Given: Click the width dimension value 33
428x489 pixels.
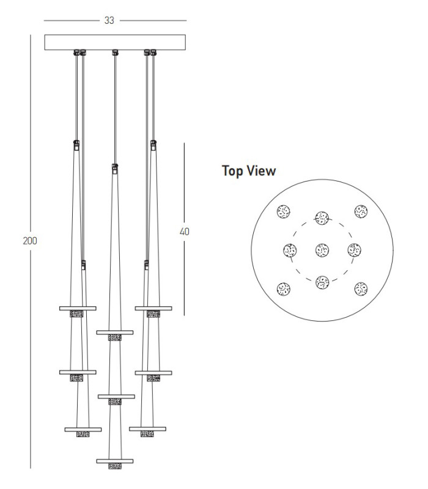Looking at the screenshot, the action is coord(109,20).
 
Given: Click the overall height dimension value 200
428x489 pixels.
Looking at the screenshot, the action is coord(30,241).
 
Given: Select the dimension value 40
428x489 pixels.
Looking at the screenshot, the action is coord(185,232).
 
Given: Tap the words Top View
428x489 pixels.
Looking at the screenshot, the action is coord(249,171).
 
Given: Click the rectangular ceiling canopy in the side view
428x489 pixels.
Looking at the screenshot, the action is coord(115,42).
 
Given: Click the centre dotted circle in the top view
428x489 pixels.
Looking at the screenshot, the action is coord(322,250).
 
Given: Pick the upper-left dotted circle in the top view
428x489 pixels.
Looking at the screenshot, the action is coord(284,211).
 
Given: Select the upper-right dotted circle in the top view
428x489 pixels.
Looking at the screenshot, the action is coord(361,211).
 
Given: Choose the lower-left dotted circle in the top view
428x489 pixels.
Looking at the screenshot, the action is coord(284,289).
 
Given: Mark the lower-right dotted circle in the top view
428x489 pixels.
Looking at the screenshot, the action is coord(361,289).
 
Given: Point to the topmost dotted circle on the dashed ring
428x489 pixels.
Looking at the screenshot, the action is coord(322,218).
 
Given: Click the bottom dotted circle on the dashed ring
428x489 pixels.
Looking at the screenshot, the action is coord(322,282).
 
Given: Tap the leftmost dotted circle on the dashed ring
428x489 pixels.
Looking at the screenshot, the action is coord(290,250).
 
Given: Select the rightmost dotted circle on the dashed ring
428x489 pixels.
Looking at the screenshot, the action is coord(355,250).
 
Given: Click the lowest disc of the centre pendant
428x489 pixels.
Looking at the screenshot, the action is coord(115,461).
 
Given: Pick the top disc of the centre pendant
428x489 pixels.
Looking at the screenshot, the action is coord(115,333).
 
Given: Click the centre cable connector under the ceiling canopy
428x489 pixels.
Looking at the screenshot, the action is coord(115,53).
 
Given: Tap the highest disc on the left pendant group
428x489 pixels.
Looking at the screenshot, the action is coord(78,309).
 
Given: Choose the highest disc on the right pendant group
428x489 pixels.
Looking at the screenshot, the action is coord(153,309).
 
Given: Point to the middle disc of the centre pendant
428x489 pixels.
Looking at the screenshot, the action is coord(116,397).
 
